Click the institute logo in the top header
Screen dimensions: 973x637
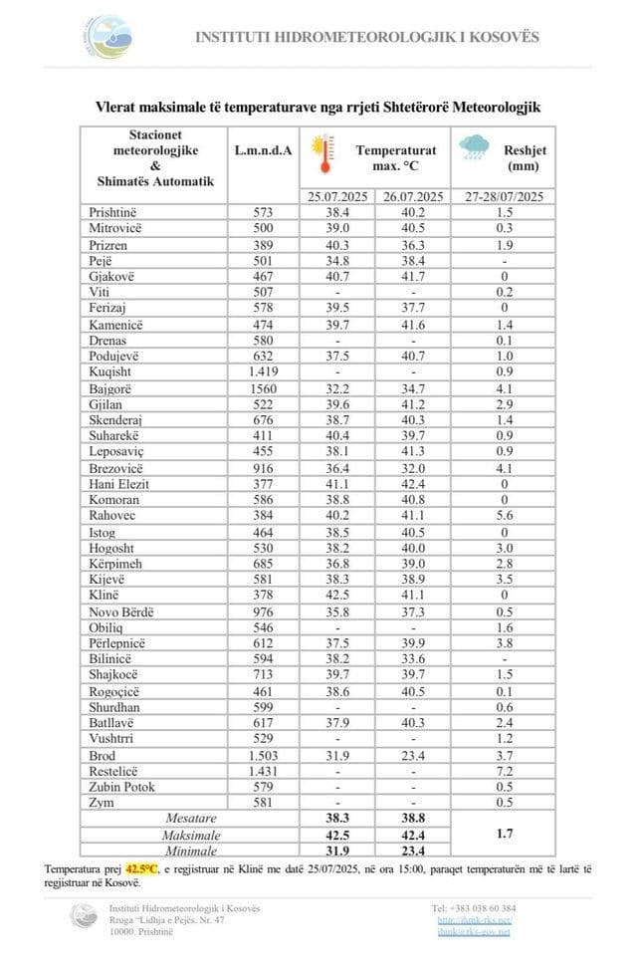tap(106, 38)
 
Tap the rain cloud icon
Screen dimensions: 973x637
tap(475, 147)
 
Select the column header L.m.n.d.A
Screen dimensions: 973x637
tap(263, 150)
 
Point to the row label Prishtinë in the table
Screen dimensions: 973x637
tap(111, 213)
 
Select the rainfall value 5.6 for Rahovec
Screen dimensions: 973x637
tap(504, 517)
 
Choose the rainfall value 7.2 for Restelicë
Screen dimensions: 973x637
tap(504, 772)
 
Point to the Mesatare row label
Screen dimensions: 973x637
tap(190, 819)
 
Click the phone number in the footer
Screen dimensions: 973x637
tap(474, 908)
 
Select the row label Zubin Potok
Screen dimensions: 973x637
tap(120, 788)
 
